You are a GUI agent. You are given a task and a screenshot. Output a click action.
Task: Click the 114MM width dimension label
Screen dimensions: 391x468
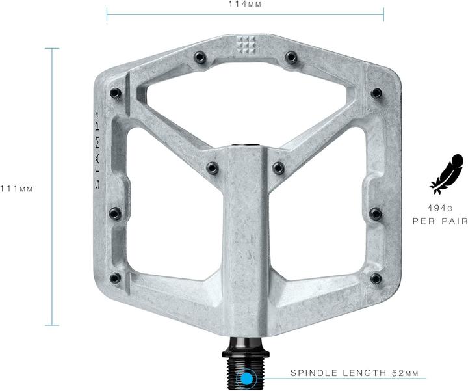[245, 4]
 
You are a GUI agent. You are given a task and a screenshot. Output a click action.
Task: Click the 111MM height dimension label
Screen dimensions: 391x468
[17, 189]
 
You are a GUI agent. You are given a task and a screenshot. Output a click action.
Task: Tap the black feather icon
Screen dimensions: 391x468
[447, 174]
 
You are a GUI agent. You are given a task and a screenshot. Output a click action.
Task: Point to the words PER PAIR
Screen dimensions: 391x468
[440, 221]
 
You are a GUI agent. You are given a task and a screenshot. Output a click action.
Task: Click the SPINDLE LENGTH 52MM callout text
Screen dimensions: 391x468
[354, 373]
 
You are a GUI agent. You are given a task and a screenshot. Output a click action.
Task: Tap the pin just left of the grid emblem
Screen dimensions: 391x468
[201, 59]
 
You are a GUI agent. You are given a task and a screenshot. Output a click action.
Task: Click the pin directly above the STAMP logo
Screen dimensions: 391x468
[116, 92]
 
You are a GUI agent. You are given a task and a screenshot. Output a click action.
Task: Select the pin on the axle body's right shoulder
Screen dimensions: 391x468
[278, 168]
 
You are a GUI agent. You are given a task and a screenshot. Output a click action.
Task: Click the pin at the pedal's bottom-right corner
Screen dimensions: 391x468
[376, 278]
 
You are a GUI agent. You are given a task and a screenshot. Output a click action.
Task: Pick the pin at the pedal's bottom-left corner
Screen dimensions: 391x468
[115, 278]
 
